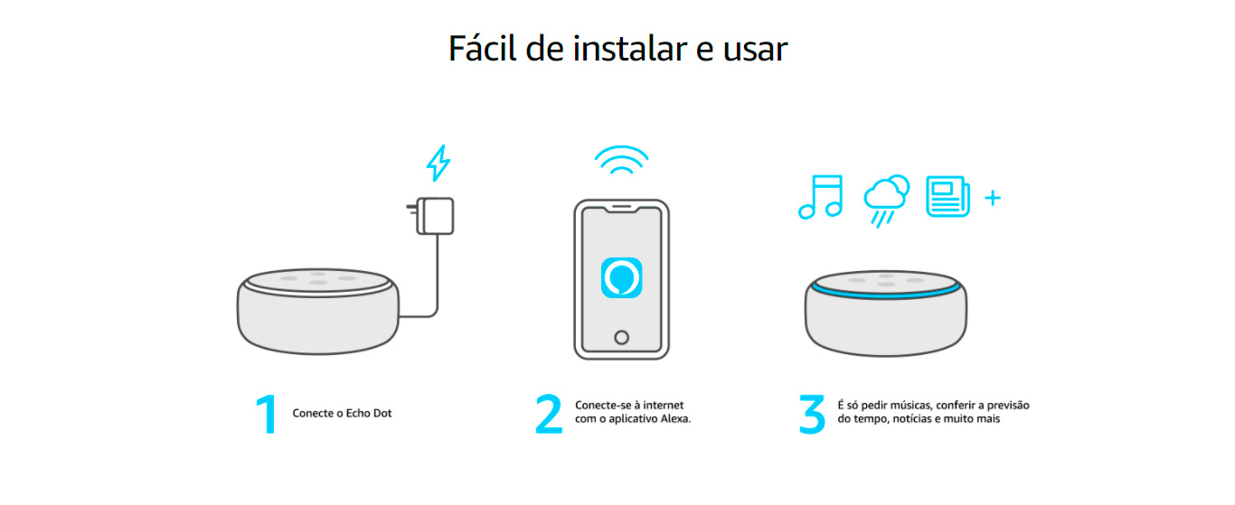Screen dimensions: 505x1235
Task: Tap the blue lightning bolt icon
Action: pyautogui.click(x=438, y=164)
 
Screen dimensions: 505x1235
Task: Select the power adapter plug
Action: pyautogui.click(x=433, y=216)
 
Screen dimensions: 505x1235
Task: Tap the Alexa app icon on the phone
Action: pyautogui.click(x=621, y=277)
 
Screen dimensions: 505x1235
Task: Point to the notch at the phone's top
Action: pyautogui.click(x=621, y=210)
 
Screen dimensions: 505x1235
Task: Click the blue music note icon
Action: pyautogui.click(x=820, y=197)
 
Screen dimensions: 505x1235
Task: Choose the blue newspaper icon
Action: pyautogui.click(x=947, y=196)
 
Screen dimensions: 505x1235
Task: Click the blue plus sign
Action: pyautogui.click(x=992, y=198)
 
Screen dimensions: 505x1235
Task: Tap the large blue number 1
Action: pyautogui.click(x=266, y=414)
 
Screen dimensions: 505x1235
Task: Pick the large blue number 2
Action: pyautogui.click(x=549, y=414)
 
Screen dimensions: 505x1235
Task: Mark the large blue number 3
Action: pyautogui.click(x=812, y=414)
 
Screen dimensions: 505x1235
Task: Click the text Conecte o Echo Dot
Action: pyautogui.click(x=342, y=414)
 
